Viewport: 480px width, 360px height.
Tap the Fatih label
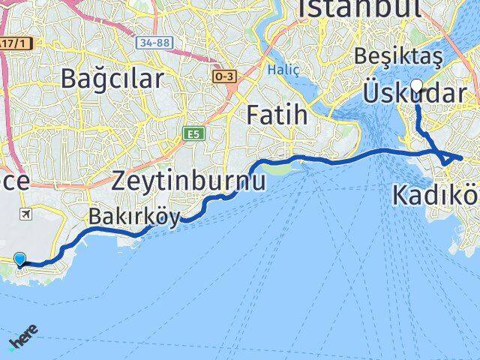[278, 115]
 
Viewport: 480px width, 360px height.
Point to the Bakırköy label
[134, 217]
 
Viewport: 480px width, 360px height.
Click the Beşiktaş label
[400, 56]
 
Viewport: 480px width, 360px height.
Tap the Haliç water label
[283, 70]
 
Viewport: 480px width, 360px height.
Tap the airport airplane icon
[28, 214]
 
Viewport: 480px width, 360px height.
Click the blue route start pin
[19, 259]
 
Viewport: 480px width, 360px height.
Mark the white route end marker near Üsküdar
[417, 85]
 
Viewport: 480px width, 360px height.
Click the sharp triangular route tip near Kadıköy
[460, 157]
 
